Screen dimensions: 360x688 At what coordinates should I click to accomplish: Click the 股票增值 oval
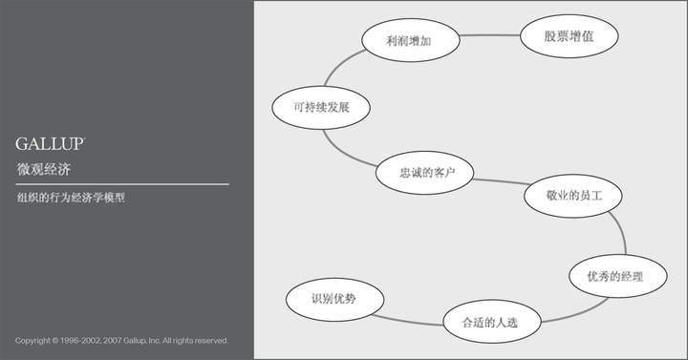(570, 37)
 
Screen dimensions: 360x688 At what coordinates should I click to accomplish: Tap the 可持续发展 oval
(320, 107)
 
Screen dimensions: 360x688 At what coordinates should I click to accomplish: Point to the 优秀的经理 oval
(619, 276)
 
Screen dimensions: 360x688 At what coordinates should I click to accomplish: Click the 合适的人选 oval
(491, 321)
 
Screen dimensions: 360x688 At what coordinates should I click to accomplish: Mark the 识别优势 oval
(334, 300)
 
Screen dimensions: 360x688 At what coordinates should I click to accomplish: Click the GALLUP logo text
(51, 143)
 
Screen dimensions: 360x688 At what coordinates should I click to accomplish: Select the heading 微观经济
(43, 169)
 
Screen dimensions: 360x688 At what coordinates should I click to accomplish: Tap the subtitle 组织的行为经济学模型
(71, 199)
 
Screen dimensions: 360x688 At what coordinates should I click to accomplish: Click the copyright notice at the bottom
(121, 340)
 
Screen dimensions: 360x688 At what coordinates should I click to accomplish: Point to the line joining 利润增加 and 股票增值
(489, 35)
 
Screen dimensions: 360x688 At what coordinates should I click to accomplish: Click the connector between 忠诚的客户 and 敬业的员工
(500, 181)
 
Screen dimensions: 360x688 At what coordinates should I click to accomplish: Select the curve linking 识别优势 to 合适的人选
(414, 315)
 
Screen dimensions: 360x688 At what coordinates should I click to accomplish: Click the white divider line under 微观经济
(122, 183)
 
